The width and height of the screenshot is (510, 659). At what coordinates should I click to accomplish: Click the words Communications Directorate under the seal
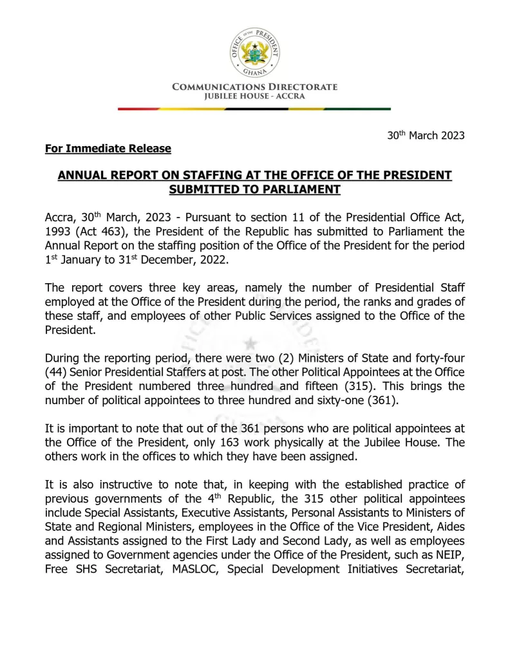tap(254, 87)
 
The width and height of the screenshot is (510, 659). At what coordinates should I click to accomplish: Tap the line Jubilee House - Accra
tap(254, 97)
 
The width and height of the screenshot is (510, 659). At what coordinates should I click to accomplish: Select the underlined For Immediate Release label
tap(108, 149)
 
